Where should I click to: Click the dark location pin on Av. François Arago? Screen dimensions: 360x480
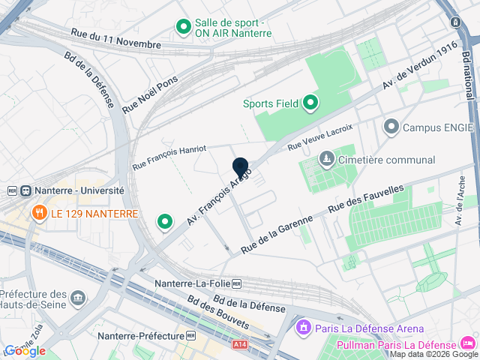click(x=241, y=168)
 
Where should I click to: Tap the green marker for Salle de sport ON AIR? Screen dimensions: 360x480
click(x=183, y=28)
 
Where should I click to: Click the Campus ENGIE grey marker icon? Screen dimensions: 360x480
click(x=391, y=127)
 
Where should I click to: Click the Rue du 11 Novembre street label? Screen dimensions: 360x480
click(x=115, y=39)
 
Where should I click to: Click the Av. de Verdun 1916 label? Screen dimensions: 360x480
click(x=419, y=67)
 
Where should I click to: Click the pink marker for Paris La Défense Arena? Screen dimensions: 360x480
click(x=304, y=328)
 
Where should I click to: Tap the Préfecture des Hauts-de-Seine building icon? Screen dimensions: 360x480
click(x=79, y=301)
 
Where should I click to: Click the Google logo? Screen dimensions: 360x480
click(x=25, y=350)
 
